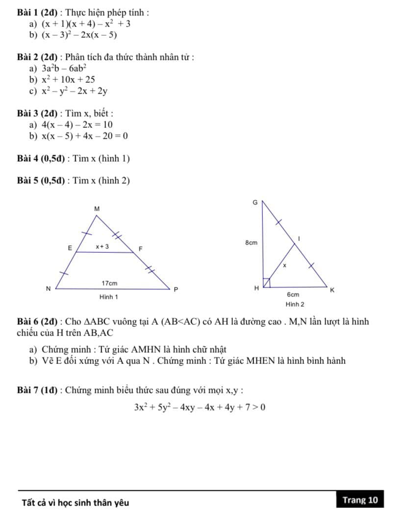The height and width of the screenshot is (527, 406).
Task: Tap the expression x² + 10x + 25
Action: coord(68,79)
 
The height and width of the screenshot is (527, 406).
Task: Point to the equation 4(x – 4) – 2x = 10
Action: coord(77,125)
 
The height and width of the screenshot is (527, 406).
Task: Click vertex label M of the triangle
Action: coord(97,209)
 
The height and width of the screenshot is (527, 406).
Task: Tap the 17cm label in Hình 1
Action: coord(109,284)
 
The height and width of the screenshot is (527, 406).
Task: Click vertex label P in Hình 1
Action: coord(177,289)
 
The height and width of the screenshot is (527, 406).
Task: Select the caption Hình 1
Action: coord(108,297)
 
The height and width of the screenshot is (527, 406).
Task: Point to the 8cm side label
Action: coord(251,242)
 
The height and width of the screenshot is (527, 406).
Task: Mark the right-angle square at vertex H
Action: coord(266,283)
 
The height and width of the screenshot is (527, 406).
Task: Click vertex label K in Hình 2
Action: coord(332,290)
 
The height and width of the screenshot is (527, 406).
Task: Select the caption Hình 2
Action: coord(295,304)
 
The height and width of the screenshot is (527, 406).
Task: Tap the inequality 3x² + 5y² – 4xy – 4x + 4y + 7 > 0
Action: coord(200,407)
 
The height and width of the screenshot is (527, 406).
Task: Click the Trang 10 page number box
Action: coord(360,500)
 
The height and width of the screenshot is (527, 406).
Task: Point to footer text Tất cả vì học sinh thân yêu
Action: coord(76,503)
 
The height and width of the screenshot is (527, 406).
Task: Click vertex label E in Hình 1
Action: coord(69,248)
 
